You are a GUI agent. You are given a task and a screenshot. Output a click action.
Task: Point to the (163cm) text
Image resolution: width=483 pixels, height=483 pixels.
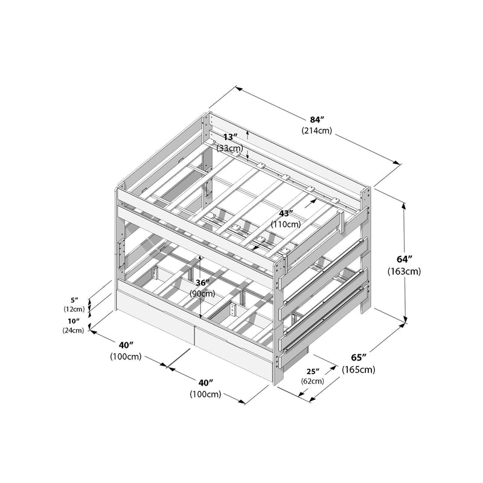pos(404,272)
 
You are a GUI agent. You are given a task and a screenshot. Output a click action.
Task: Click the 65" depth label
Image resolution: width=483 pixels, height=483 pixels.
pos(357,357)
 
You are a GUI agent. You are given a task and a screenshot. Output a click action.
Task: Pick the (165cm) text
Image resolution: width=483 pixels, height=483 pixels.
pos(359,369)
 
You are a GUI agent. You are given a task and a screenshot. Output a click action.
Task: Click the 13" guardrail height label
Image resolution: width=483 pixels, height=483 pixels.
pos(229,137)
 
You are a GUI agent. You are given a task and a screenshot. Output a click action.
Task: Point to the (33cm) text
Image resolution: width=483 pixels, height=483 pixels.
pos(230,148)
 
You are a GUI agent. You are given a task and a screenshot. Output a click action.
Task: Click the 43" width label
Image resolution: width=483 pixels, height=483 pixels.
pos(286,213)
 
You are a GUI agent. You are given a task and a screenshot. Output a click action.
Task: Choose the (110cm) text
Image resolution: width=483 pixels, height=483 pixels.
pos(286,224)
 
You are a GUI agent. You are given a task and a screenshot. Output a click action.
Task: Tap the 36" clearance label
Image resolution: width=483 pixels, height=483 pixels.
pos(203,283)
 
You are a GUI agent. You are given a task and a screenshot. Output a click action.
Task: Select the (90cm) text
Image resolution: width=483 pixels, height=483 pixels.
pos(203,293)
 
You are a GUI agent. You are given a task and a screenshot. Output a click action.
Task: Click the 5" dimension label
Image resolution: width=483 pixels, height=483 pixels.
pos(75,299)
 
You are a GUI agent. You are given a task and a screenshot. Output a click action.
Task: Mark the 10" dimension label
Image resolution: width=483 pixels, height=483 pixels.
pos(75,321)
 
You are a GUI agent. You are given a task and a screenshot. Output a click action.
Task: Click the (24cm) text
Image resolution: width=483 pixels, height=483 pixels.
pos(73,330)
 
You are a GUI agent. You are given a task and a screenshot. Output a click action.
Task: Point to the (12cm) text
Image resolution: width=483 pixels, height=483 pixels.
pos(74,309)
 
